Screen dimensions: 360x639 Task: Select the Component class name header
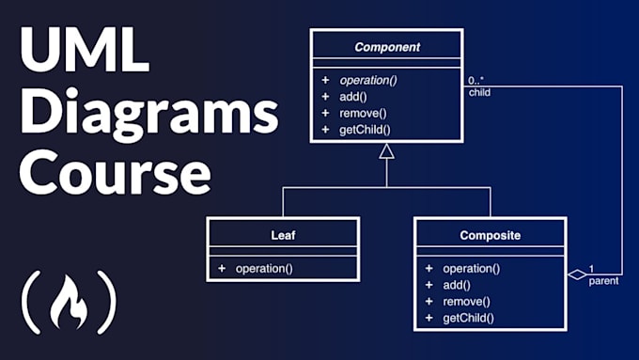coord(386,46)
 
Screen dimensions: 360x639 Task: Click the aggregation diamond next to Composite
coord(577,274)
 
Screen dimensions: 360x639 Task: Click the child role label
coord(479,93)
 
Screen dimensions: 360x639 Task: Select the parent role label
coord(603,281)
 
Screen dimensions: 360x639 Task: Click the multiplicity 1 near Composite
coord(592,268)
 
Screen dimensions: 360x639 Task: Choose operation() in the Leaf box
coord(264,269)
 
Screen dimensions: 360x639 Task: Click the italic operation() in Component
coord(367,80)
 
